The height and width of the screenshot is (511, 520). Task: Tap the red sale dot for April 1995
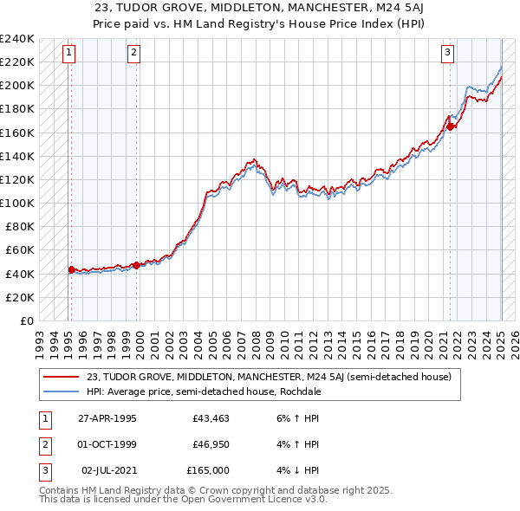(x=71, y=269)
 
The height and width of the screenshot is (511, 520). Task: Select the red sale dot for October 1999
(x=137, y=265)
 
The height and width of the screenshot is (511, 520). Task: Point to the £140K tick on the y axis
(x=17, y=156)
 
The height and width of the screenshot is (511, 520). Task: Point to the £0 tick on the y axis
(x=26, y=320)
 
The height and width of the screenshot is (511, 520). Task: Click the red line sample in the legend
(x=62, y=377)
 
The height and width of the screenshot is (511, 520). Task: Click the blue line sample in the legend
(x=62, y=391)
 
